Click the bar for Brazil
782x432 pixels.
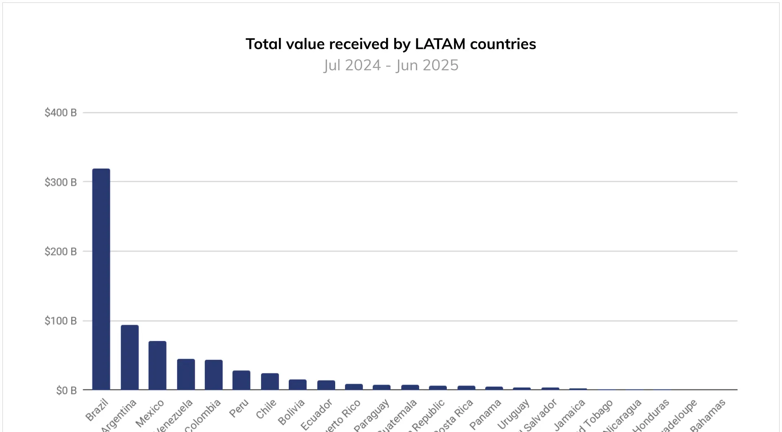(101, 279)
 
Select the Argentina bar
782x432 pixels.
(130, 357)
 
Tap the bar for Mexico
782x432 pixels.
(157, 365)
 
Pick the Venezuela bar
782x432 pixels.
(186, 374)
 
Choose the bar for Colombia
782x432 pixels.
(213, 375)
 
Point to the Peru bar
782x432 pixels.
(241, 380)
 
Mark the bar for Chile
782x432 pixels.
(270, 381)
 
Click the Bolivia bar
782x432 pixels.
(297, 385)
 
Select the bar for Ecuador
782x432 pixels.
(326, 385)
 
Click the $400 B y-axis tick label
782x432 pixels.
(61, 113)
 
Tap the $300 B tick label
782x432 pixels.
(61, 182)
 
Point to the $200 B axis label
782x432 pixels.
(61, 251)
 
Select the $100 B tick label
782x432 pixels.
(61, 321)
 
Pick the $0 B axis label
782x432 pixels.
(66, 391)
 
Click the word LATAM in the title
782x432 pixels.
(440, 44)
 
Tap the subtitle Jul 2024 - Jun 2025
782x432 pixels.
(391, 65)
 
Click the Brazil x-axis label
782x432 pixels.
(97, 410)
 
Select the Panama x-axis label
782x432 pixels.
(485, 414)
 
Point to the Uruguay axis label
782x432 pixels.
(514, 414)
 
